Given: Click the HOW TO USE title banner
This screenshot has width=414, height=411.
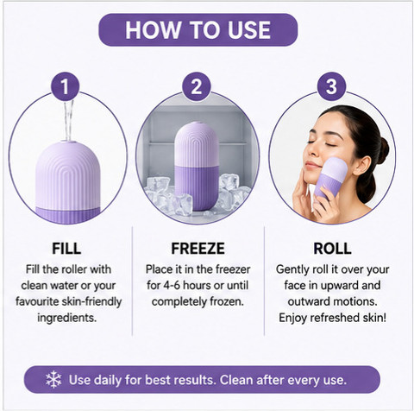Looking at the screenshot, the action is point(198,29).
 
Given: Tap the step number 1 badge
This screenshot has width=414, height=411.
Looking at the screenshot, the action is point(66,86).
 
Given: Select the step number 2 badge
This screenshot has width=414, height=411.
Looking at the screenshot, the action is point(197,86).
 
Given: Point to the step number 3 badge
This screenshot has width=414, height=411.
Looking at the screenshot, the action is point(331,86).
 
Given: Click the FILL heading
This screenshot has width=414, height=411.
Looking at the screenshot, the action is point(66,249).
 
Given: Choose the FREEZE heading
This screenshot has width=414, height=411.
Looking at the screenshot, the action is point(198,249).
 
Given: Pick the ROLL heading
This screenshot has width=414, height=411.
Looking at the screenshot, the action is point(332,249).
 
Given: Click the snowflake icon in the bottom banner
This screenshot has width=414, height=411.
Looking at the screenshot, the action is point(53,379).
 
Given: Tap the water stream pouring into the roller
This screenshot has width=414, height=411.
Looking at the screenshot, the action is point(69,121).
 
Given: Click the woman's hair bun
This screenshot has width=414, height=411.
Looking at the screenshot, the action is point(383,150).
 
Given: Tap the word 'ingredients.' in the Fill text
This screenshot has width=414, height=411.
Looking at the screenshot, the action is point(66,319).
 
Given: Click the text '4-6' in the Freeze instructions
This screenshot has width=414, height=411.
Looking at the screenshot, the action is point(172,286).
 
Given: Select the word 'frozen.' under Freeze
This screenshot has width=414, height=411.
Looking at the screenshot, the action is point(227,301).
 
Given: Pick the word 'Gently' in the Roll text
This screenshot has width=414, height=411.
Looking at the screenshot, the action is point(292,270).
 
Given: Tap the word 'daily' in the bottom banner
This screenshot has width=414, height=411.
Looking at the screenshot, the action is point(106,380).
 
